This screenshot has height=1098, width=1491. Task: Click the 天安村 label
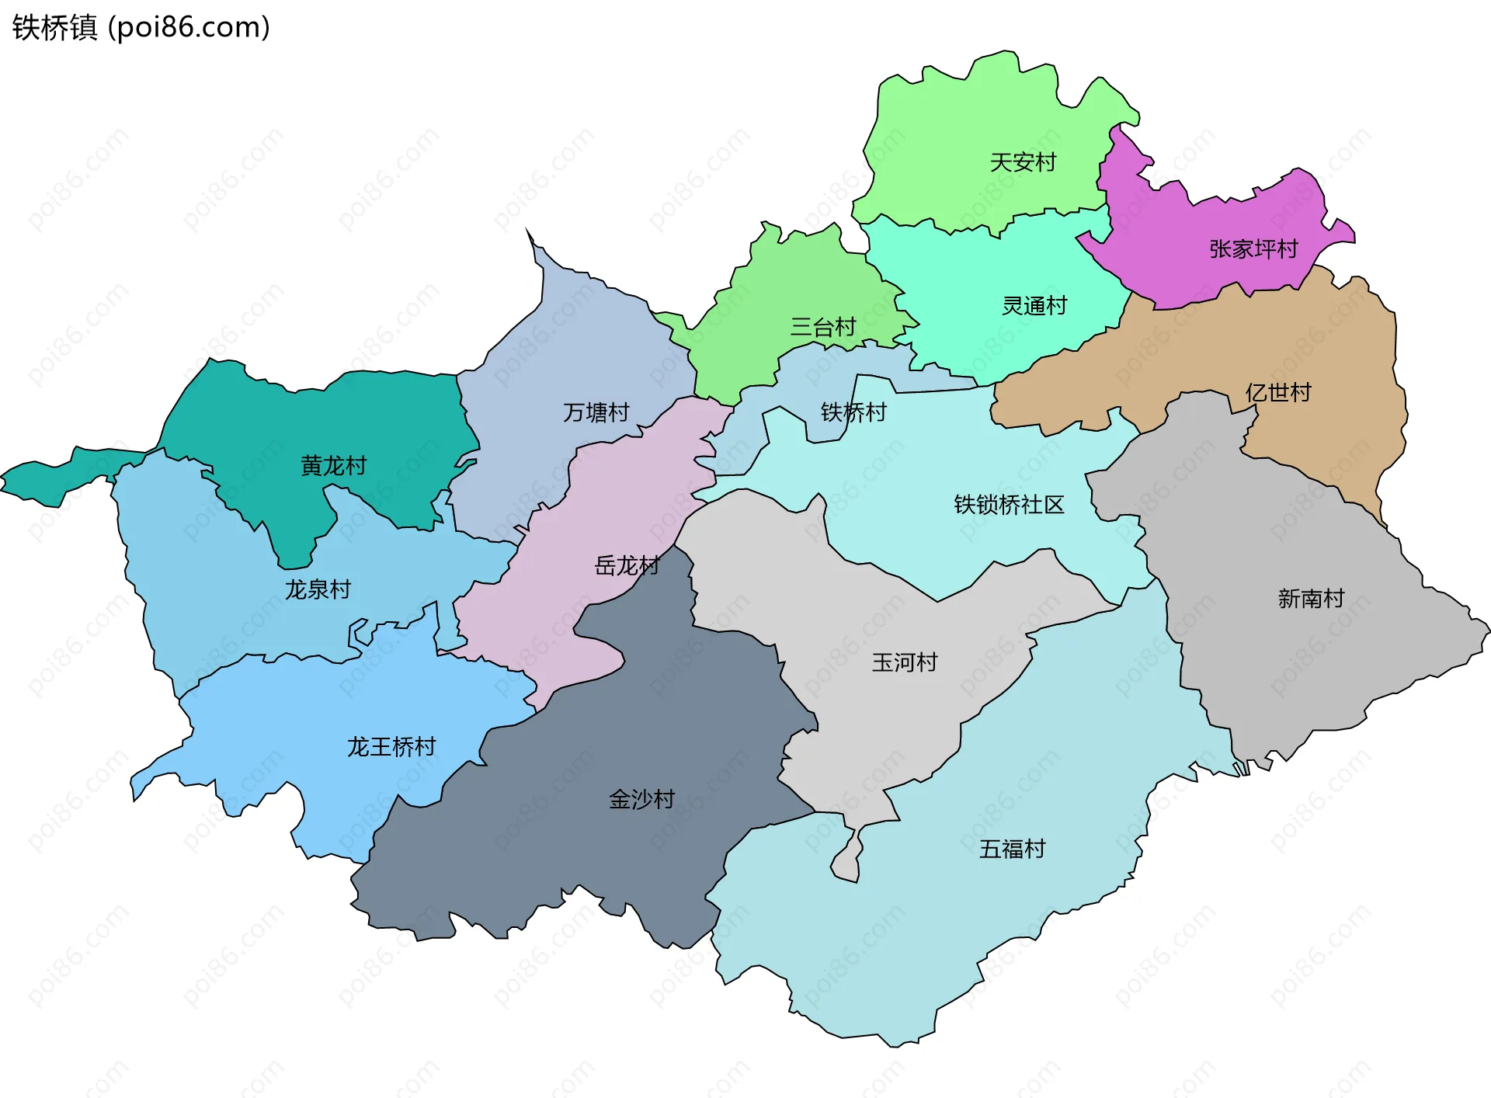point(1023,162)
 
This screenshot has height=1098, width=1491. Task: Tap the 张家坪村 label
point(1253,249)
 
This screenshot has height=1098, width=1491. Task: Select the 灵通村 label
point(1034,306)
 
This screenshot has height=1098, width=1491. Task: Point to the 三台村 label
point(822,327)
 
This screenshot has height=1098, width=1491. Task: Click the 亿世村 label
point(1277,392)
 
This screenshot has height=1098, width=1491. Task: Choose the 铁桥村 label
point(853,412)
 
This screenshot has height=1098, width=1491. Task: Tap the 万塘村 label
point(596,412)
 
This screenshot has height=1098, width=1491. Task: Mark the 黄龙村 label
point(333,466)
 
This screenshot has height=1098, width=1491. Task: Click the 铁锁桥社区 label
point(1009,505)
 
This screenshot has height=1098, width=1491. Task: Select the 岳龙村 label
point(627,565)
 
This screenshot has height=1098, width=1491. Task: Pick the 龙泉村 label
point(318,589)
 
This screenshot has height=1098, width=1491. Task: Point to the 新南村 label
point(1311,599)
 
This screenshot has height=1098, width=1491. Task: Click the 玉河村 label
point(904,662)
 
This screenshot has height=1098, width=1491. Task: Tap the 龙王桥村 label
point(391,747)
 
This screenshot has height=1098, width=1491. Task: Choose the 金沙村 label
point(641,799)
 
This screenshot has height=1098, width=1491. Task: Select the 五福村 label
point(1012,849)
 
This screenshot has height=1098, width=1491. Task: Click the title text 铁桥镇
point(54,28)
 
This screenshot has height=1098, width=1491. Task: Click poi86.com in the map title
point(189,28)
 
